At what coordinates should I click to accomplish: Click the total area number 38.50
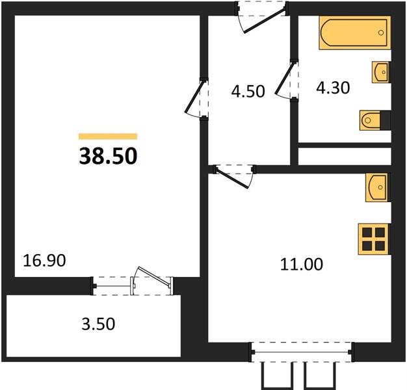(108, 156)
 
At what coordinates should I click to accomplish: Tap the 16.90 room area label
(44, 261)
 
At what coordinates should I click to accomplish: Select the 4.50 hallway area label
(248, 92)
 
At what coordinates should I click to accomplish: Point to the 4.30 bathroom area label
(333, 88)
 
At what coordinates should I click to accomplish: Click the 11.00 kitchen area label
(302, 264)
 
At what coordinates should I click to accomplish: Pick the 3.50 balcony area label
(98, 324)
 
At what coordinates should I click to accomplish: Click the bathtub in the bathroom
(355, 32)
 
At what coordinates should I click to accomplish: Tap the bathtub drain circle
(381, 32)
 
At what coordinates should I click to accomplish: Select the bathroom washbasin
(381, 72)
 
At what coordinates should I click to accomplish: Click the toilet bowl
(370, 120)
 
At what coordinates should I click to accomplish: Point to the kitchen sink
(378, 187)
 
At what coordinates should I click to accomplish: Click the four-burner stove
(374, 239)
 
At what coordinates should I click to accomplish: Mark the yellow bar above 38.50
(108, 136)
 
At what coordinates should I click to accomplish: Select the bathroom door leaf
(285, 77)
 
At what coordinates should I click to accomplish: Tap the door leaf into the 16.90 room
(194, 97)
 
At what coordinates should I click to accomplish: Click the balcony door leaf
(154, 277)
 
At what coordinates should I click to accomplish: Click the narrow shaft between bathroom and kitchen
(345, 156)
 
